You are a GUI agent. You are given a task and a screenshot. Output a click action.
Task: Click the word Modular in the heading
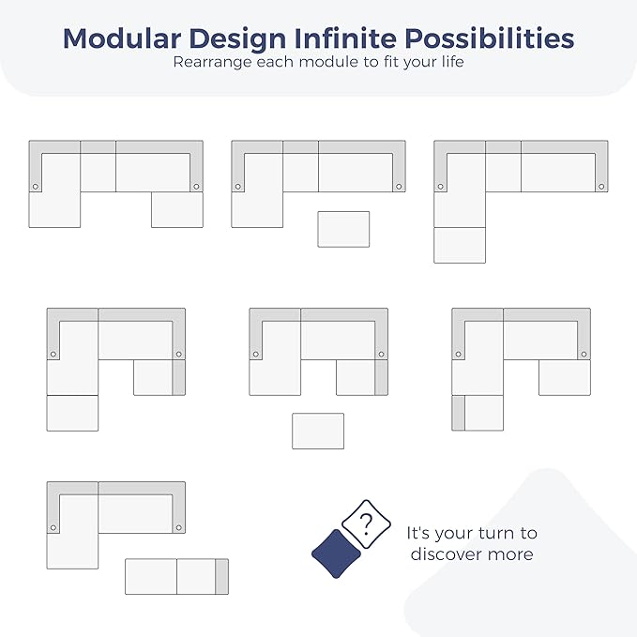[x=122, y=38]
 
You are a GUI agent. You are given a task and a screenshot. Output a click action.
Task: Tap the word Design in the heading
[x=237, y=39]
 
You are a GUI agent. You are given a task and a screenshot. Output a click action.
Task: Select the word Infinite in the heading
[x=345, y=38]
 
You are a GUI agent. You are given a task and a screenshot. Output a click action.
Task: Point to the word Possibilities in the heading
[x=489, y=38]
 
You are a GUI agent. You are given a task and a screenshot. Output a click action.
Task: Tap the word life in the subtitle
[x=454, y=61]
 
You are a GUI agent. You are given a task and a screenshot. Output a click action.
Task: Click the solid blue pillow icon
[x=336, y=554]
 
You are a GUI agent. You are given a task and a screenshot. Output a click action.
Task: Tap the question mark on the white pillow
[x=366, y=524]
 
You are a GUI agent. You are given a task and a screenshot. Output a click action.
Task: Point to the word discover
[x=445, y=554]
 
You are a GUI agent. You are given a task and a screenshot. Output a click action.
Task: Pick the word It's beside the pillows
[x=418, y=533]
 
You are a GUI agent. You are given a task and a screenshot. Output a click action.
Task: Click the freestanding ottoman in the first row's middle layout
[x=343, y=229]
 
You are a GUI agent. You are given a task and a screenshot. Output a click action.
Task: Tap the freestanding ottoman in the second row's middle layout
[x=318, y=431]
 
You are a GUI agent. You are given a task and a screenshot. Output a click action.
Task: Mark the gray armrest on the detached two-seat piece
[x=221, y=576]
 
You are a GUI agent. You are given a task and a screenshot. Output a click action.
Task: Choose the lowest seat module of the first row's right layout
[x=460, y=246]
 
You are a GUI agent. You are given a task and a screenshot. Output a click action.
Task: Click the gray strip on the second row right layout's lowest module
[x=458, y=413]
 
